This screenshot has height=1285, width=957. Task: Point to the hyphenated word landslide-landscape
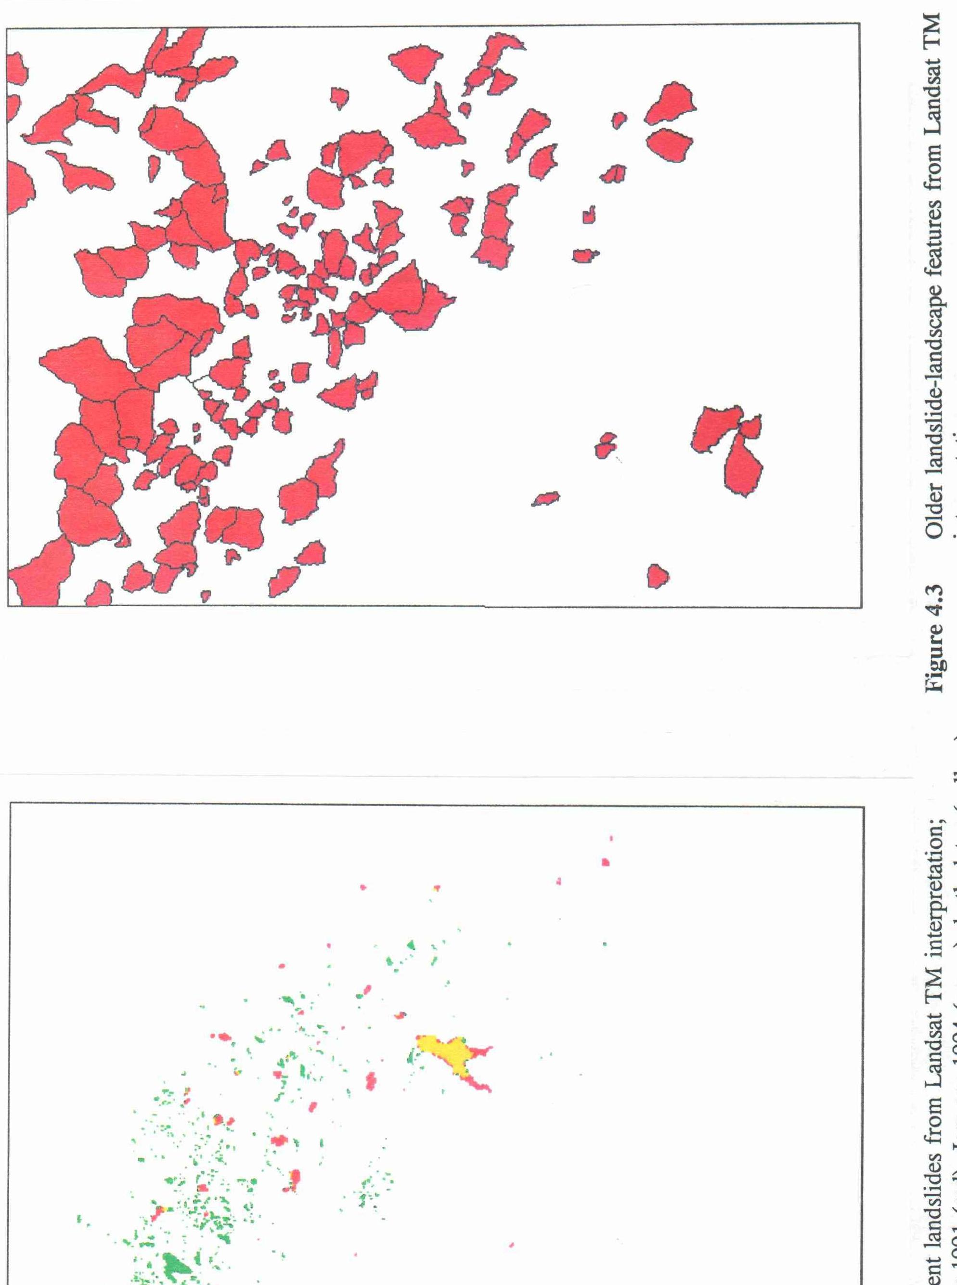(x=933, y=382)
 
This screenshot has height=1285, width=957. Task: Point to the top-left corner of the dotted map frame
(x=11, y=803)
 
